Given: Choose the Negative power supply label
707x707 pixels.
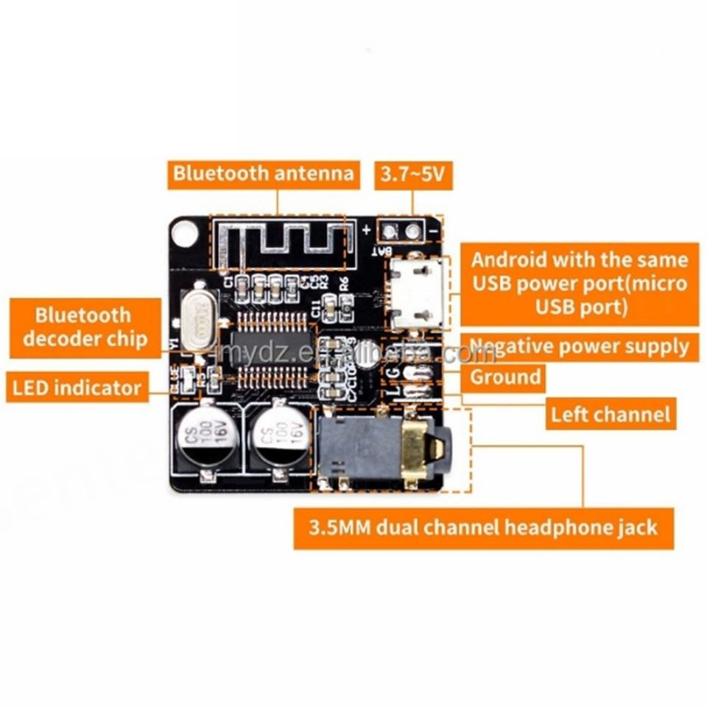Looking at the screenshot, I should point(580,346).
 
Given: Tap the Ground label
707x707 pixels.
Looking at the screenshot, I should point(505,378).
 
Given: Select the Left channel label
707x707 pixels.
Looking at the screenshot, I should point(611,414).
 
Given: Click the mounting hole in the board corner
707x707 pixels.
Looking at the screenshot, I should point(184,233).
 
